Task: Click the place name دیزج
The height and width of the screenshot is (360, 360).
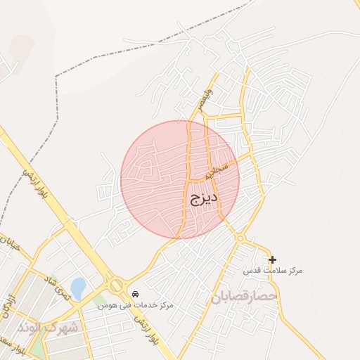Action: point(203,199)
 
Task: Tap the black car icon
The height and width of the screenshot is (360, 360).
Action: point(135,294)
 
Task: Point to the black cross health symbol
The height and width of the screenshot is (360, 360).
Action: point(272,259)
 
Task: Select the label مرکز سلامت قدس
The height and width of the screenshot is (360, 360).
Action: point(272,271)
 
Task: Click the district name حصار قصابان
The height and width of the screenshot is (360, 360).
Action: point(244,298)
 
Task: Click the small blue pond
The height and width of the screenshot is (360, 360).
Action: point(78,288)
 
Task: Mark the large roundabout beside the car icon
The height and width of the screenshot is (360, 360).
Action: point(115,285)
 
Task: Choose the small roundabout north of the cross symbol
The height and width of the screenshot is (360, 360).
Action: point(240,238)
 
